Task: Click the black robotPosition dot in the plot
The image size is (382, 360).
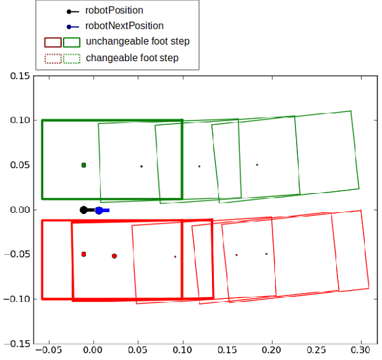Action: (83, 210)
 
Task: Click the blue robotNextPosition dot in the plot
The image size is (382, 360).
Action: (99, 210)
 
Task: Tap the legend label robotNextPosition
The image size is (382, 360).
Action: (124, 26)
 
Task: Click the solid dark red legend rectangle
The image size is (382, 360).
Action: (53, 42)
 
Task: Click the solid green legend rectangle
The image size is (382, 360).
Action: (72, 42)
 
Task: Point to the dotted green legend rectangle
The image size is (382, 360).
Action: (72, 58)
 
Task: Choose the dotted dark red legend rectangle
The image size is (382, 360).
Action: (53, 58)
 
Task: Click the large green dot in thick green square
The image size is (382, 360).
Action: (83, 165)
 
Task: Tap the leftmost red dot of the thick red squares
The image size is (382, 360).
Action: (83, 254)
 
